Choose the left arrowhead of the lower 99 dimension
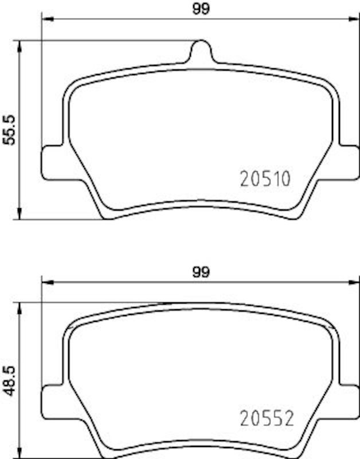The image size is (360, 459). [x=46, y=282]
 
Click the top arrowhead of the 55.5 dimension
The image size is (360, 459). [x=21, y=45]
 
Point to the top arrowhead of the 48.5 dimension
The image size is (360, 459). [x=21, y=307]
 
